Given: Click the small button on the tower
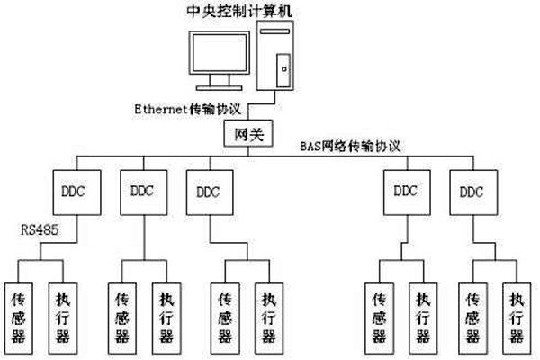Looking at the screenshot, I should point(283,67).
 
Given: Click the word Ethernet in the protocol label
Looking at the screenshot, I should point(159,108).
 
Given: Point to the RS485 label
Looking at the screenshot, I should point(40,230).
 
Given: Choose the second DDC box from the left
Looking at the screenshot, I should point(142,192).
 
